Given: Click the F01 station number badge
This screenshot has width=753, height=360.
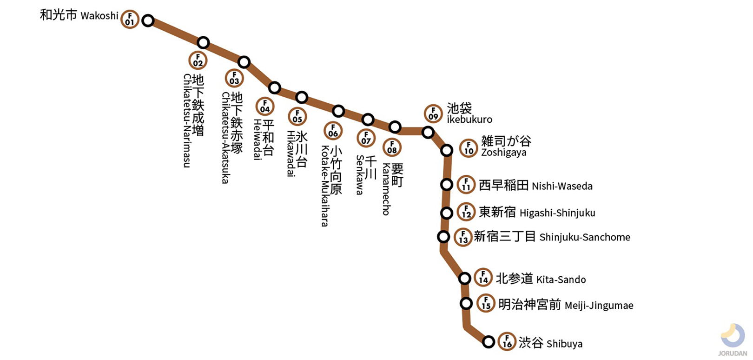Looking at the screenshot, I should (x=130, y=20).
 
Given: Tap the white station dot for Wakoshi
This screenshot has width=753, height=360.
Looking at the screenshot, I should (x=148, y=20).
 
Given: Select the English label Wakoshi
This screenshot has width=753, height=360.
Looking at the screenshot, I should (x=99, y=16).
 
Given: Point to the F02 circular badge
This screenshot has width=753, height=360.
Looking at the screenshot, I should (x=198, y=61).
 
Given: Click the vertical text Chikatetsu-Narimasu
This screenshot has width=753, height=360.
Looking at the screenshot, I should (x=187, y=120).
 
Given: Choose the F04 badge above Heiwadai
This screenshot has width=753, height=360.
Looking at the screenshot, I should (x=265, y=107).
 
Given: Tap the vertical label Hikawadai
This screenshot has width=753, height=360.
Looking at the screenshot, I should (x=291, y=153).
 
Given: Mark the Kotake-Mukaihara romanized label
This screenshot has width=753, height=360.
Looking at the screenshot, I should (x=325, y=186).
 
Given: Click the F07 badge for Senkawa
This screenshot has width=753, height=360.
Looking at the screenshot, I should (x=366, y=138).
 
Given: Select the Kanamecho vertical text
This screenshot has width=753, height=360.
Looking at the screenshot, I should (x=386, y=189).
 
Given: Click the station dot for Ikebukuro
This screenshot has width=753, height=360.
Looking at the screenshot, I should (x=428, y=133).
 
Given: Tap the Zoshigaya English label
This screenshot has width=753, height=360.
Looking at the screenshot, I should (x=504, y=153).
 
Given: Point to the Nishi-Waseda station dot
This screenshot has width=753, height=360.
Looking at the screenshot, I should (x=447, y=185).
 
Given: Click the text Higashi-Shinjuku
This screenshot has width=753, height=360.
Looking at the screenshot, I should (x=557, y=213).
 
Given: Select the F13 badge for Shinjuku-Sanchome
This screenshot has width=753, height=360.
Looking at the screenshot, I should (x=463, y=237).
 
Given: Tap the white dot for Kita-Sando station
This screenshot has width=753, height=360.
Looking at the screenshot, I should (x=465, y=279).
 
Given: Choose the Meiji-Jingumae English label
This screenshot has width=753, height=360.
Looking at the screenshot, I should (x=599, y=306).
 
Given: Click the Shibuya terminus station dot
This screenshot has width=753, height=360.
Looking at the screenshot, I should (x=488, y=342).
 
